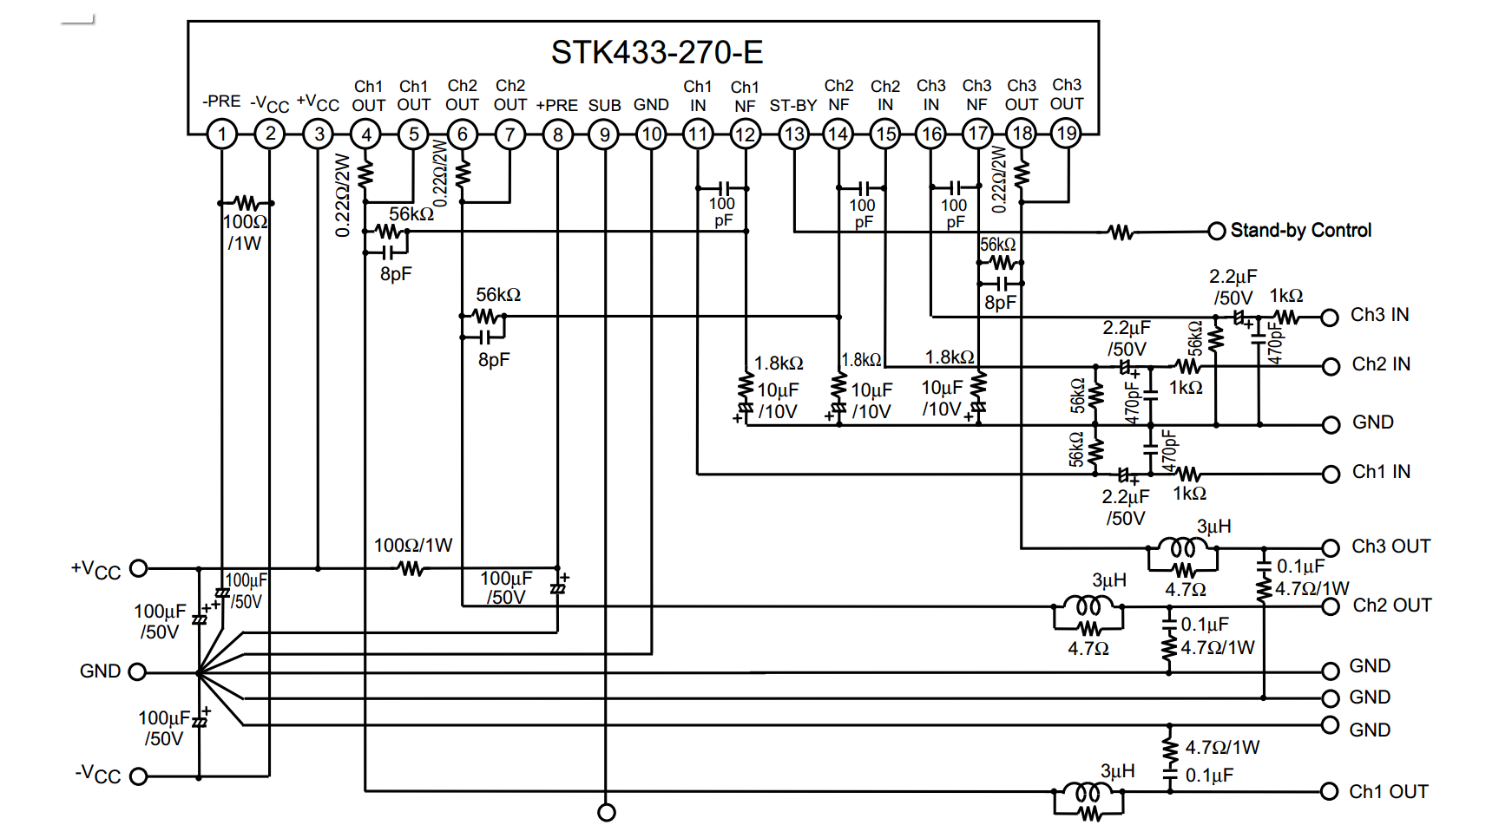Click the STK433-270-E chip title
(657, 53)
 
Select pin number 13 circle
(793, 134)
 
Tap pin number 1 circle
(222, 134)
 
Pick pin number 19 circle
(1066, 134)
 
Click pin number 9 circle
(604, 134)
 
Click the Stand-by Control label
(1301, 231)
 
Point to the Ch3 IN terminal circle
(1330, 318)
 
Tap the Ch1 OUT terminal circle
(1329, 791)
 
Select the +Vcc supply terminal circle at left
(138, 568)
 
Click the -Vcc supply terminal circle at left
(138, 776)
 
